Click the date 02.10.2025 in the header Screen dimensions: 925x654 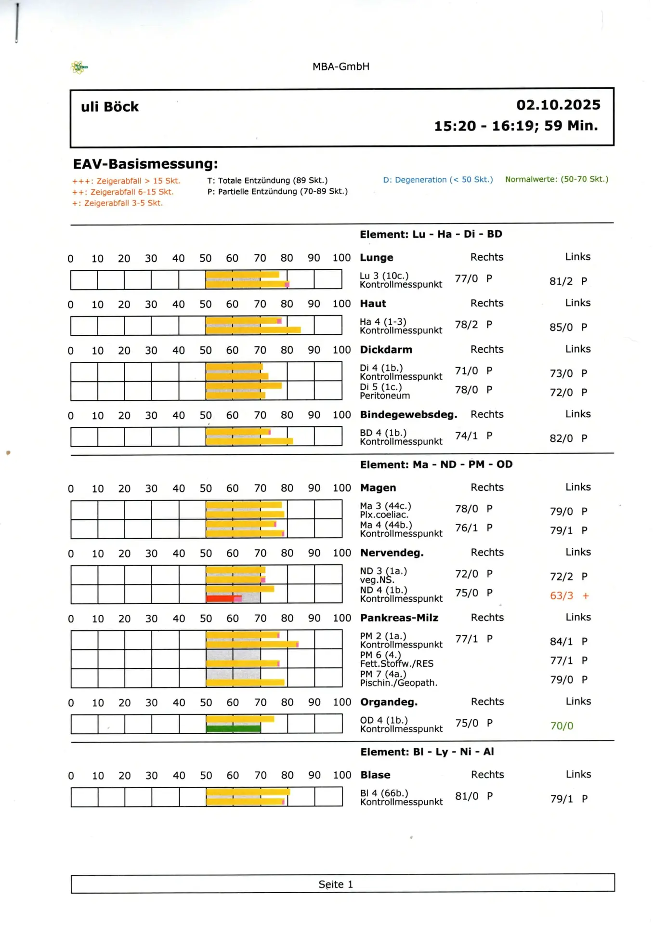pos(558,105)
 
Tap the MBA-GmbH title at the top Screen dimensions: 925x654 pos(340,66)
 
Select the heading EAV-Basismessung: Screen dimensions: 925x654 pos(145,164)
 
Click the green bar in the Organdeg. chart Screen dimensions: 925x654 pos(233,728)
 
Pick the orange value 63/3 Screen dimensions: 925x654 pos(562,596)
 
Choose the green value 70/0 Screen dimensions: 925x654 pos(562,726)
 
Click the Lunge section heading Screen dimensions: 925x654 pos(377,258)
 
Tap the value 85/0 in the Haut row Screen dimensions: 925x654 pos(561,328)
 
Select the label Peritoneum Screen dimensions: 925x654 pos(385,396)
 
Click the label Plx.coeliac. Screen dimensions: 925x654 pos(384,515)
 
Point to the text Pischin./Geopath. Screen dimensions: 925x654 pos(399,683)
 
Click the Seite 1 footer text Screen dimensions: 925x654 pos(336,885)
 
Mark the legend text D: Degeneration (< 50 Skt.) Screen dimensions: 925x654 pos(438,180)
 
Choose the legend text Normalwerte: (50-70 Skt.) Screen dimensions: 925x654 pos(556,179)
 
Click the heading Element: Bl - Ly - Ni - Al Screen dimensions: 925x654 pos(427,752)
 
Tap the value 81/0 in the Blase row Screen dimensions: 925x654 pos(467,796)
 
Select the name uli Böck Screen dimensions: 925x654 pos(110,107)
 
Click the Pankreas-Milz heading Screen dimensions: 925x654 pos(399,618)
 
